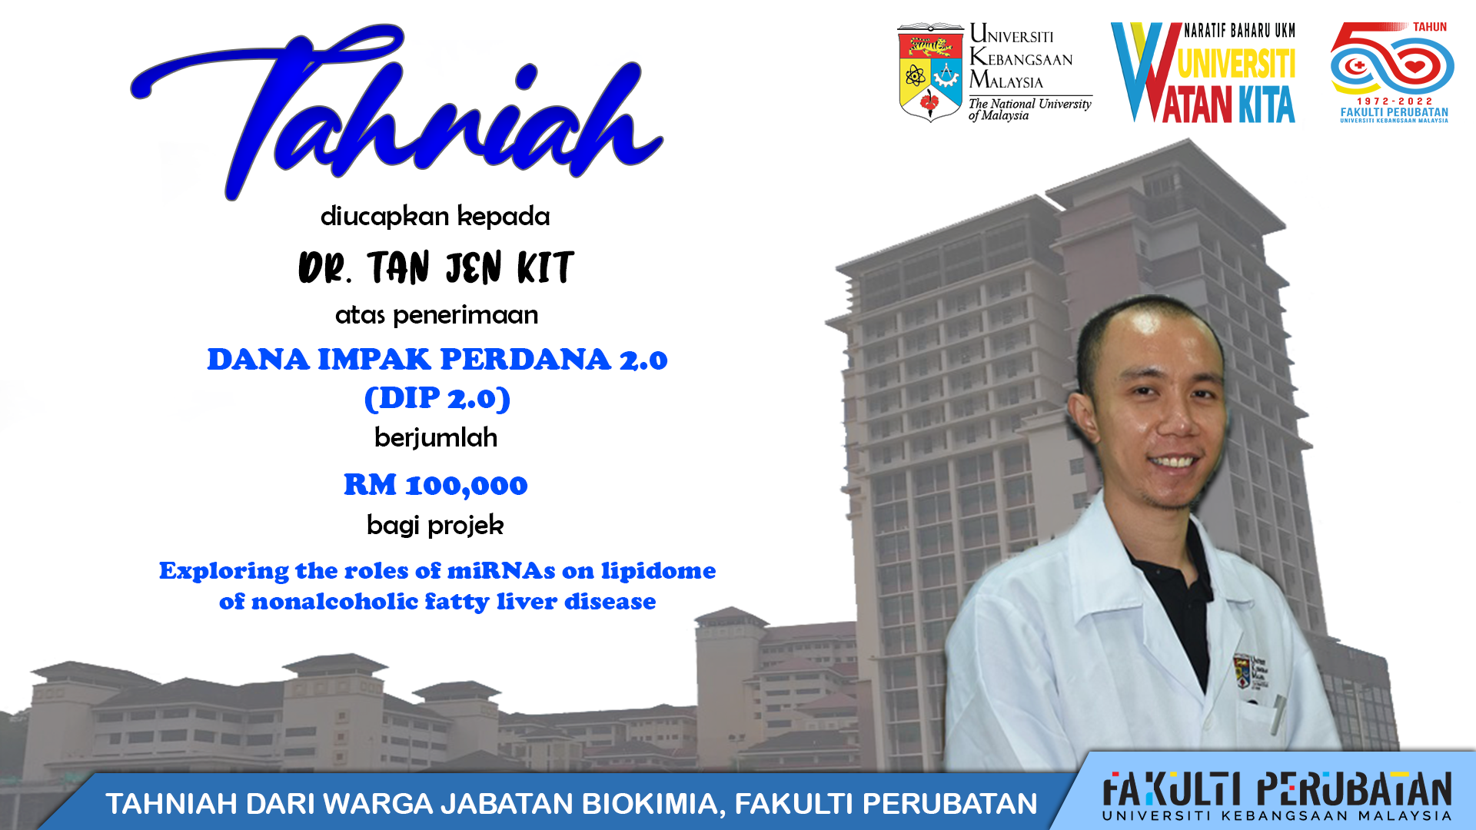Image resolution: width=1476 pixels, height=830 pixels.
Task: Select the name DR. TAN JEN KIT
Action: (436, 267)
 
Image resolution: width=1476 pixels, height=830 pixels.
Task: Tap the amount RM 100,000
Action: (435, 485)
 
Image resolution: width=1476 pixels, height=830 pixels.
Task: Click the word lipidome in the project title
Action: (658, 571)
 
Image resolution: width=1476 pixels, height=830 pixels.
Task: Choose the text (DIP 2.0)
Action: (437, 398)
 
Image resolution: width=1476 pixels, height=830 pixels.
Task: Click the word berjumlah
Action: (436, 438)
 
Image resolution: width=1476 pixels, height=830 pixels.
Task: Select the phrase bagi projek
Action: (435, 526)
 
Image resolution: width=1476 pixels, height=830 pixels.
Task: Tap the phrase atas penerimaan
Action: (437, 315)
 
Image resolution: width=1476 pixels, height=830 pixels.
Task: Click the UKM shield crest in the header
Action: (930, 73)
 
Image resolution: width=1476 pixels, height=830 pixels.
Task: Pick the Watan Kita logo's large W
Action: (1145, 72)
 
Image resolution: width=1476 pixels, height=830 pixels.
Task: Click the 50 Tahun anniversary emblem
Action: (1392, 73)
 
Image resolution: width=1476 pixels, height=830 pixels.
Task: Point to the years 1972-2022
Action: (1395, 101)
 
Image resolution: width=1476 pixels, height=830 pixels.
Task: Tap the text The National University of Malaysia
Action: (1029, 110)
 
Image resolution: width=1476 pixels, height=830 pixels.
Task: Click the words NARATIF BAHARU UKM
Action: (1239, 31)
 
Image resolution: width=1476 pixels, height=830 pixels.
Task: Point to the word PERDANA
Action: (526, 360)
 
